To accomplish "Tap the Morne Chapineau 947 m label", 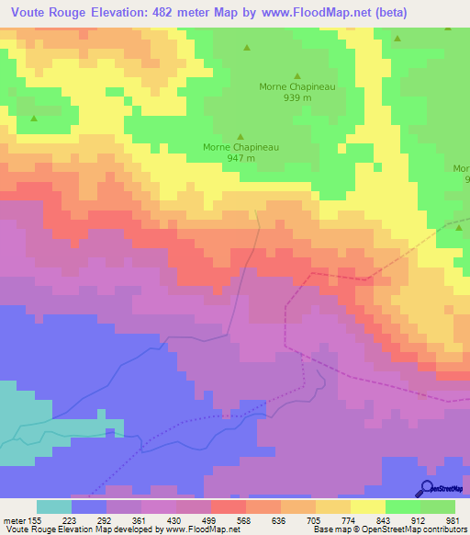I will tap(241, 152).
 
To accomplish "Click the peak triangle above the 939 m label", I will tap(296, 76).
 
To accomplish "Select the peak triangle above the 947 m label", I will tap(241, 136).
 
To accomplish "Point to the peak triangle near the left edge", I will tap(34, 118).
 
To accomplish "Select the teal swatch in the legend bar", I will tap(54, 507).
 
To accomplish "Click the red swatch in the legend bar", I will tap(229, 507).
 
